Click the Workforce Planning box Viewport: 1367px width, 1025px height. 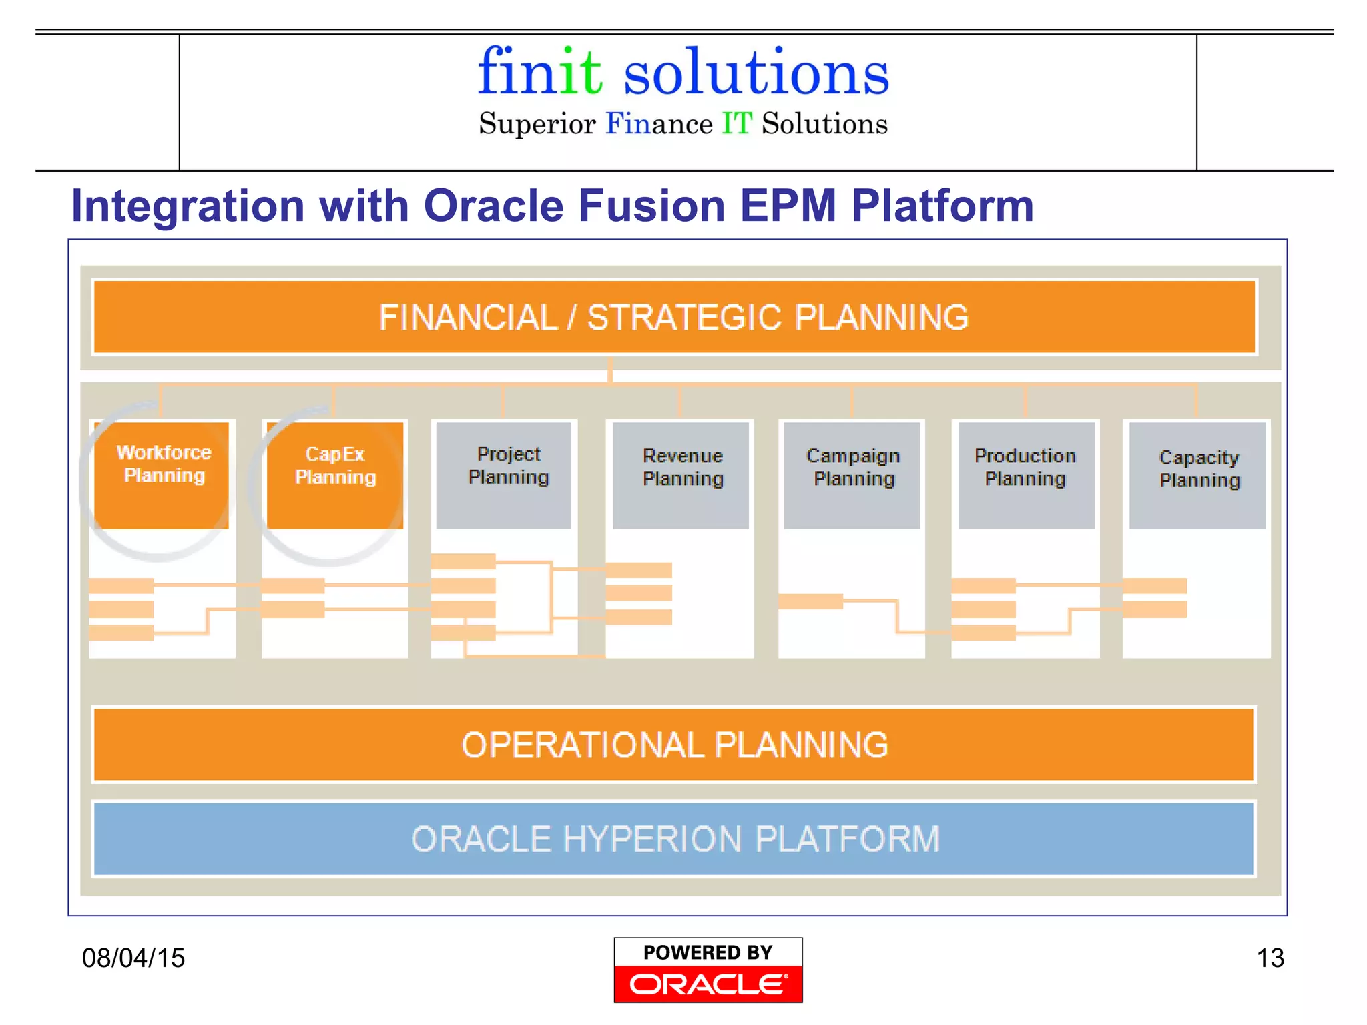[x=162, y=474]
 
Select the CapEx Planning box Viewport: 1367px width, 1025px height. [x=335, y=474]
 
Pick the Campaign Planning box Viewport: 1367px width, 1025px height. [x=852, y=474]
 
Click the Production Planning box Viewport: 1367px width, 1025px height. [x=1026, y=474]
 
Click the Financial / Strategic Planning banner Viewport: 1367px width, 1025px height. [x=674, y=317]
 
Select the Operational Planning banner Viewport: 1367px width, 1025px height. [x=674, y=745]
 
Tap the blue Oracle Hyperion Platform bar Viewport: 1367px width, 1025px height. [x=674, y=839]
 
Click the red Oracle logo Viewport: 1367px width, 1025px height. [x=708, y=984]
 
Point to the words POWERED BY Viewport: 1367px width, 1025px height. [x=708, y=952]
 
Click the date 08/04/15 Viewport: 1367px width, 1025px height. [x=133, y=958]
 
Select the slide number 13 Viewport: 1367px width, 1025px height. [x=1270, y=958]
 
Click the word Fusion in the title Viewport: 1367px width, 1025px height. [x=651, y=206]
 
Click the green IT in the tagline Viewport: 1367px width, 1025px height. [x=737, y=124]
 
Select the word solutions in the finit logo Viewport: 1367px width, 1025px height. [x=756, y=72]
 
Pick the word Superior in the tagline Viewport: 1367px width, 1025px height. [x=537, y=124]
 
